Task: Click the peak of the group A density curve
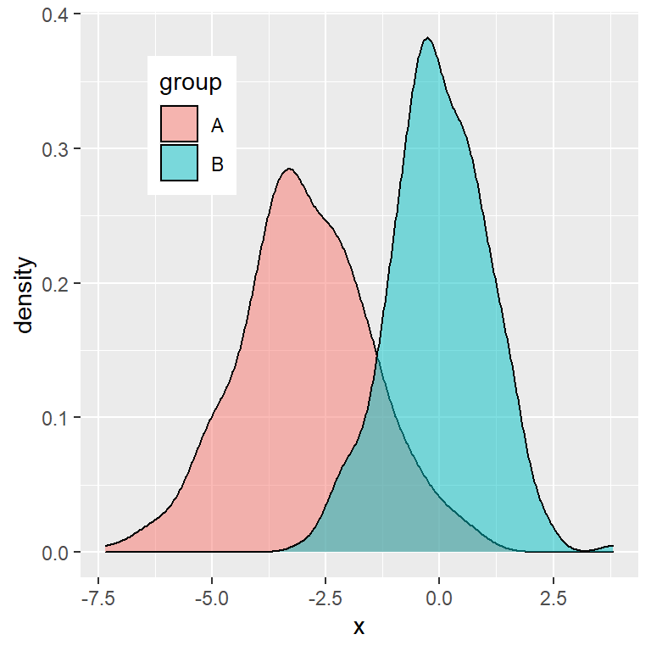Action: point(289,169)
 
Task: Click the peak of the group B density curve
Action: point(428,38)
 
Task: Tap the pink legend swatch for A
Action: point(179,125)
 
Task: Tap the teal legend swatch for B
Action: point(179,163)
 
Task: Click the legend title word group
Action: point(191,83)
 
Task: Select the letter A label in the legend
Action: point(217,125)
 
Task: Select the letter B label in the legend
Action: point(217,164)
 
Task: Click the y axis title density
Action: point(25,296)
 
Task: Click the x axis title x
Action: point(359,627)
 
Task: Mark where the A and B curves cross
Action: point(376,357)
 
